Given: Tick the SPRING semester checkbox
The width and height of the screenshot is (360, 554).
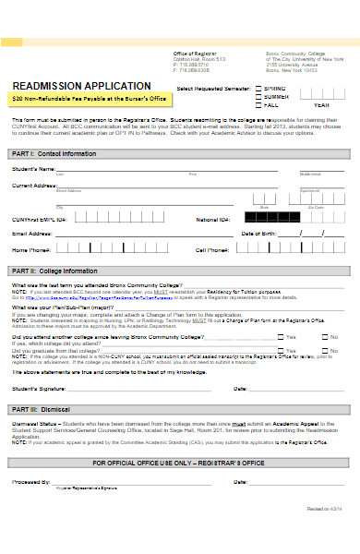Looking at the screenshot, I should click(x=256, y=88).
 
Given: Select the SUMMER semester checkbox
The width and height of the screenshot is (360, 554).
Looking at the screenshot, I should click(x=256, y=96).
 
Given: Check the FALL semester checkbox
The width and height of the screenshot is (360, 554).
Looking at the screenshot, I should click(x=256, y=104).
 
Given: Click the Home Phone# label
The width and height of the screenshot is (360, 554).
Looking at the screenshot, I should click(x=30, y=250).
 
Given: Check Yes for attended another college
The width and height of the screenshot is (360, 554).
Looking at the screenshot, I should click(x=280, y=338).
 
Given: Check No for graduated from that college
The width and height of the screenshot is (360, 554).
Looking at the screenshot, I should click(x=325, y=351).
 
